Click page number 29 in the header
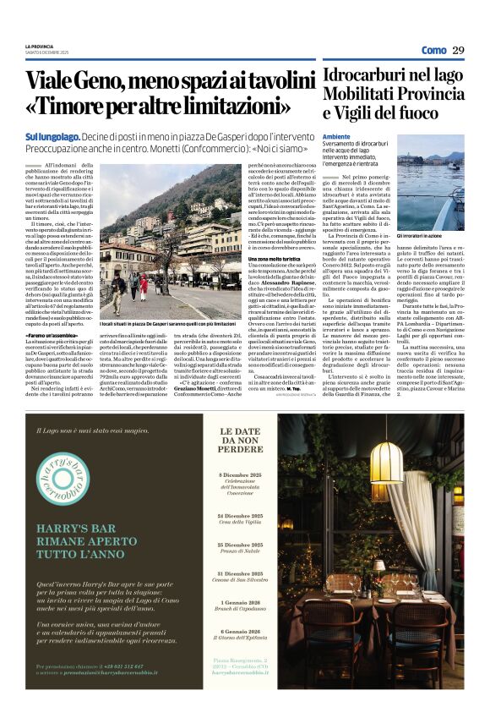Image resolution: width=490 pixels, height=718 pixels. tap(458, 50)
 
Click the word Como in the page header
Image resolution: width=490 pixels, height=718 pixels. tap(433, 50)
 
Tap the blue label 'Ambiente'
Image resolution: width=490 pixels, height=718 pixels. tap(336, 135)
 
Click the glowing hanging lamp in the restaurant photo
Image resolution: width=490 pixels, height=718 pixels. tap(386, 461)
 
